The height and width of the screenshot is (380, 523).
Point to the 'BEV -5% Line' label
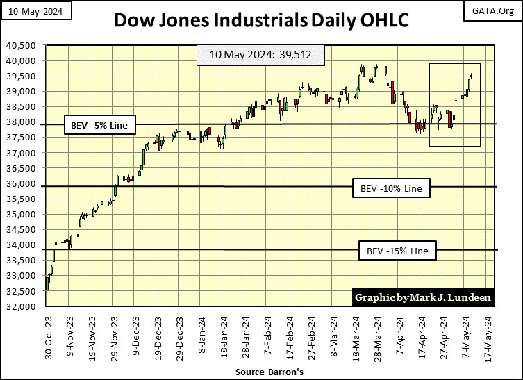tap(99, 126)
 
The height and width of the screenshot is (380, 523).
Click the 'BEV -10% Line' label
tap(391, 188)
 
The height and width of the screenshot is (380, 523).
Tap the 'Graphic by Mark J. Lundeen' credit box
tap(424, 297)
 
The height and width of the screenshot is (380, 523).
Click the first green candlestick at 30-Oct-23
tap(47, 283)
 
